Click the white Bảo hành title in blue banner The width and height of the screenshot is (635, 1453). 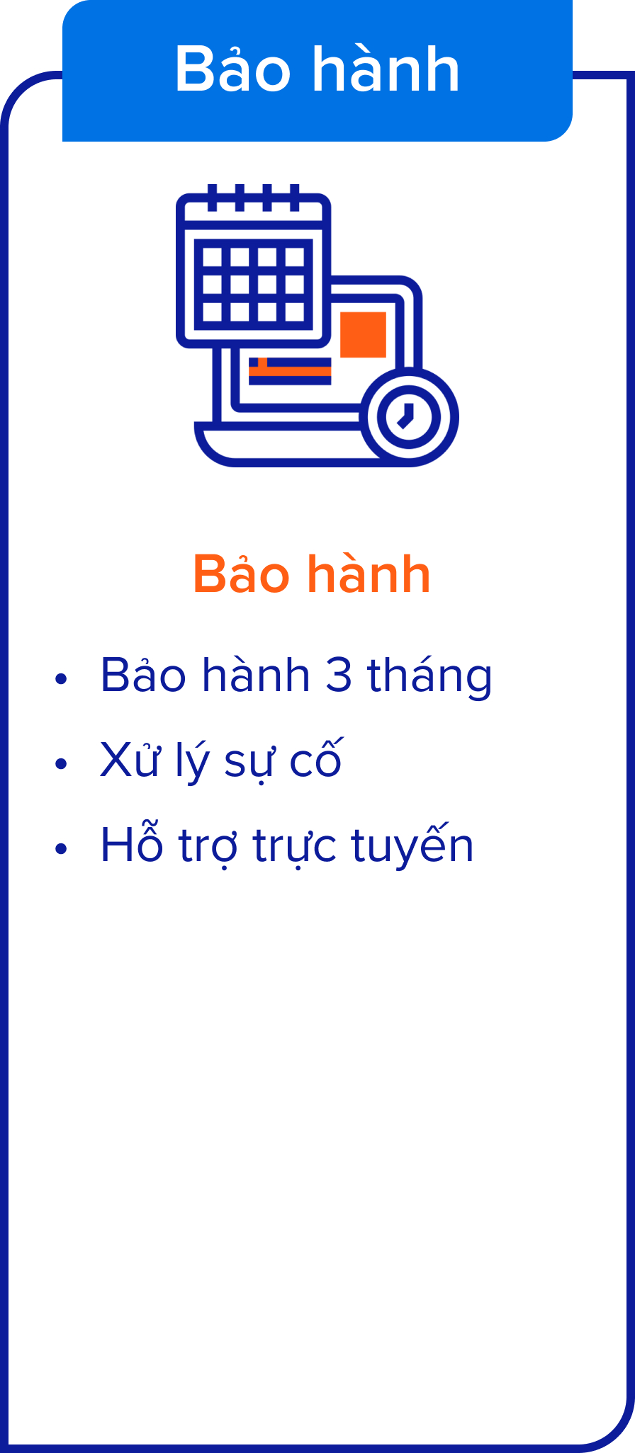click(317, 69)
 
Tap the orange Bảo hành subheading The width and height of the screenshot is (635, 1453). click(312, 574)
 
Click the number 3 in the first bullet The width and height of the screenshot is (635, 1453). click(339, 676)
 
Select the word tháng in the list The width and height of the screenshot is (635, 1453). click(429, 677)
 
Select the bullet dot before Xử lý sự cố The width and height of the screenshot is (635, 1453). click(61, 763)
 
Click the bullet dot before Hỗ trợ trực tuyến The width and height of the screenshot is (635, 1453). click(61, 848)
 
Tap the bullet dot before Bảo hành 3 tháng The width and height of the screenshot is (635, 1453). click(61, 678)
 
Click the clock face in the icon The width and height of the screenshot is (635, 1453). click(409, 416)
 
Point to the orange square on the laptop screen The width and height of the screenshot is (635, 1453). click(363, 334)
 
